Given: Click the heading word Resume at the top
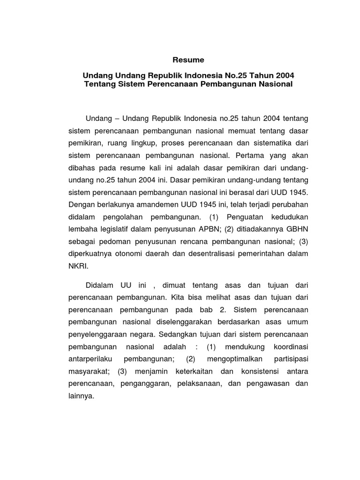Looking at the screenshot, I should tap(188, 60).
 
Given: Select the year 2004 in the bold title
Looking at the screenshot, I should tap(285, 75).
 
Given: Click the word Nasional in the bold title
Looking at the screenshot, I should tap(272, 84).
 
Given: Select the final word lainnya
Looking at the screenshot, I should tap(82, 396).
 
